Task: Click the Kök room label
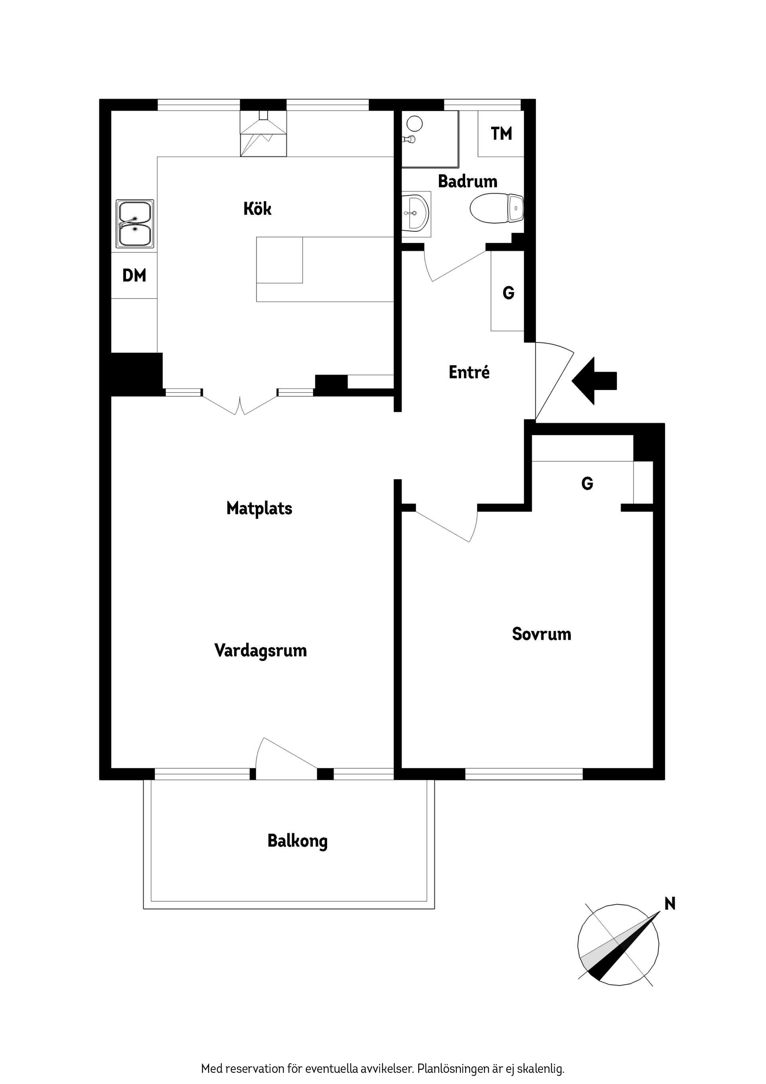257,209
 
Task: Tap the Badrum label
467,181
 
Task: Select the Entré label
469,372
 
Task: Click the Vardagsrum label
261,651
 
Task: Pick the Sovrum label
541,634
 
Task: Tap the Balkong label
297,841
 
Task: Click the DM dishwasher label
134,275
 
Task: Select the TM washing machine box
501,134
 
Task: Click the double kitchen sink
135,224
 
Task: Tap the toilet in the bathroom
497,208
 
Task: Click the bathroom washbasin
415,214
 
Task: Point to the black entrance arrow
594,381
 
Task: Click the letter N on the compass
670,904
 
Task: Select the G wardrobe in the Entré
508,291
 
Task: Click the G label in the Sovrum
587,483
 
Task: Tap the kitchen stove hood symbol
263,134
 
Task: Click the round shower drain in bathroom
415,124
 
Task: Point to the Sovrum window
524,774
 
